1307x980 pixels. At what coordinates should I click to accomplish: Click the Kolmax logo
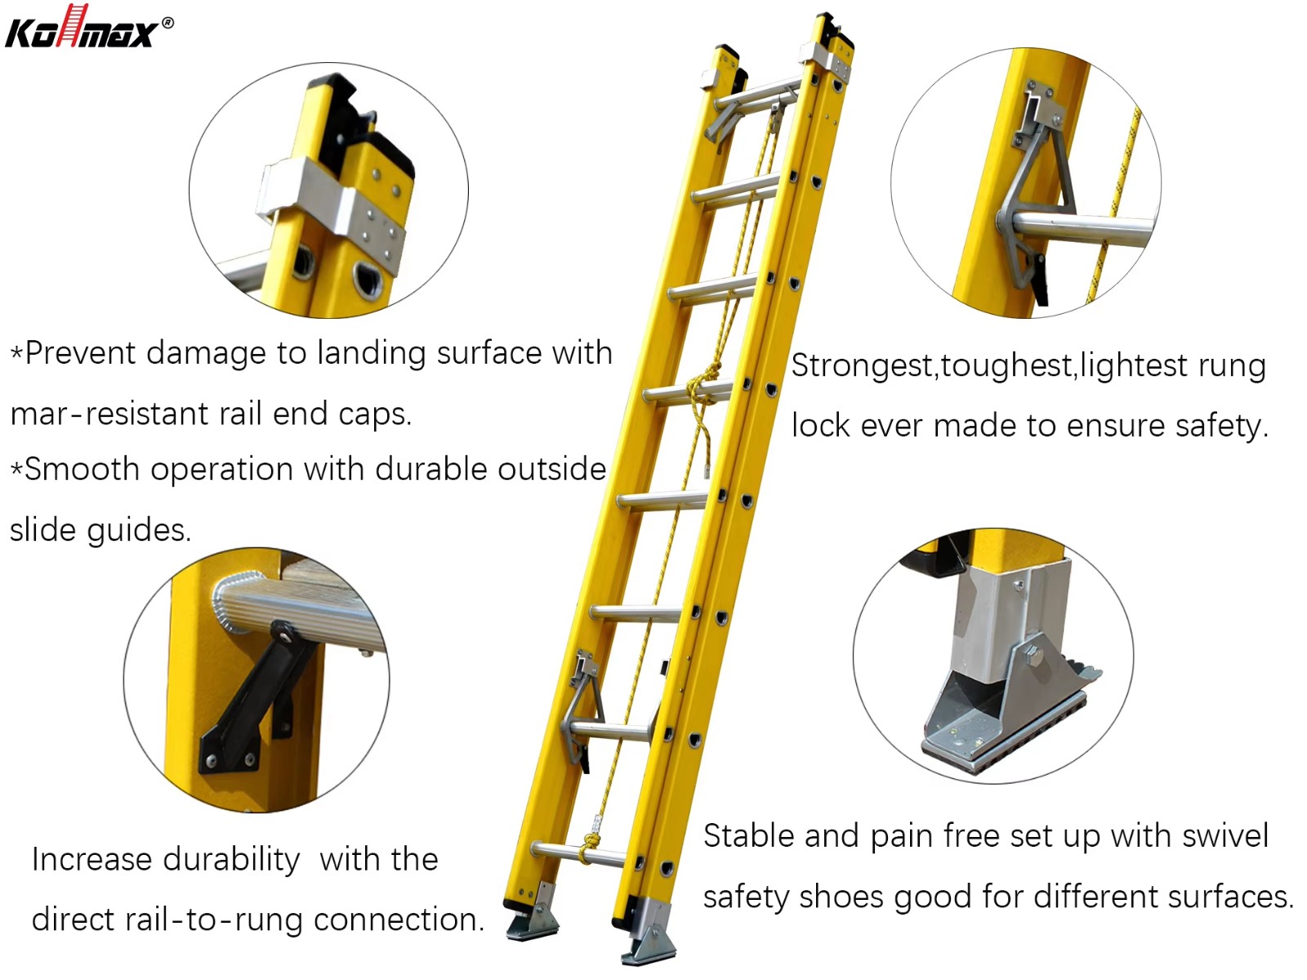tap(83, 27)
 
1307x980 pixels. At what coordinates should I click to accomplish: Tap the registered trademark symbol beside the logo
tap(168, 23)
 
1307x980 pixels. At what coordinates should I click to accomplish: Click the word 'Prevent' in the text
tap(80, 352)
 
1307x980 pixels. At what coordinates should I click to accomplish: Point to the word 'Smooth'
tap(83, 469)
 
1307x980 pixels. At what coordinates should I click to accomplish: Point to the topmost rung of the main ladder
tap(757, 96)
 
